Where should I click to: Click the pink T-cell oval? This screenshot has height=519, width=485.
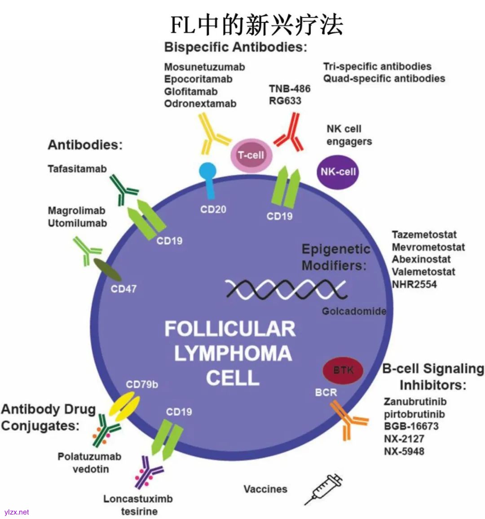(x=251, y=155)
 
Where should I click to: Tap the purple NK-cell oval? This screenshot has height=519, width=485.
(x=338, y=172)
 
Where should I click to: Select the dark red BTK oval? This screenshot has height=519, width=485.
(x=343, y=370)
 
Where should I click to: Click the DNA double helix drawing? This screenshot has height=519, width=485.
(x=286, y=289)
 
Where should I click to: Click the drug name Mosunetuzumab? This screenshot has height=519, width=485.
(x=204, y=67)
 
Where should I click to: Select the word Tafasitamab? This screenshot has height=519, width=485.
(x=77, y=169)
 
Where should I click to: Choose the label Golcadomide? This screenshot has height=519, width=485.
(x=354, y=311)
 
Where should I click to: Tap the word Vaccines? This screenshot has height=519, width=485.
(x=265, y=489)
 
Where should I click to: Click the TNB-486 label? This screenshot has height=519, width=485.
(x=290, y=89)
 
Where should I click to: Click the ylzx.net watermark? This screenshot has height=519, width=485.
(x=17, y=512)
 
